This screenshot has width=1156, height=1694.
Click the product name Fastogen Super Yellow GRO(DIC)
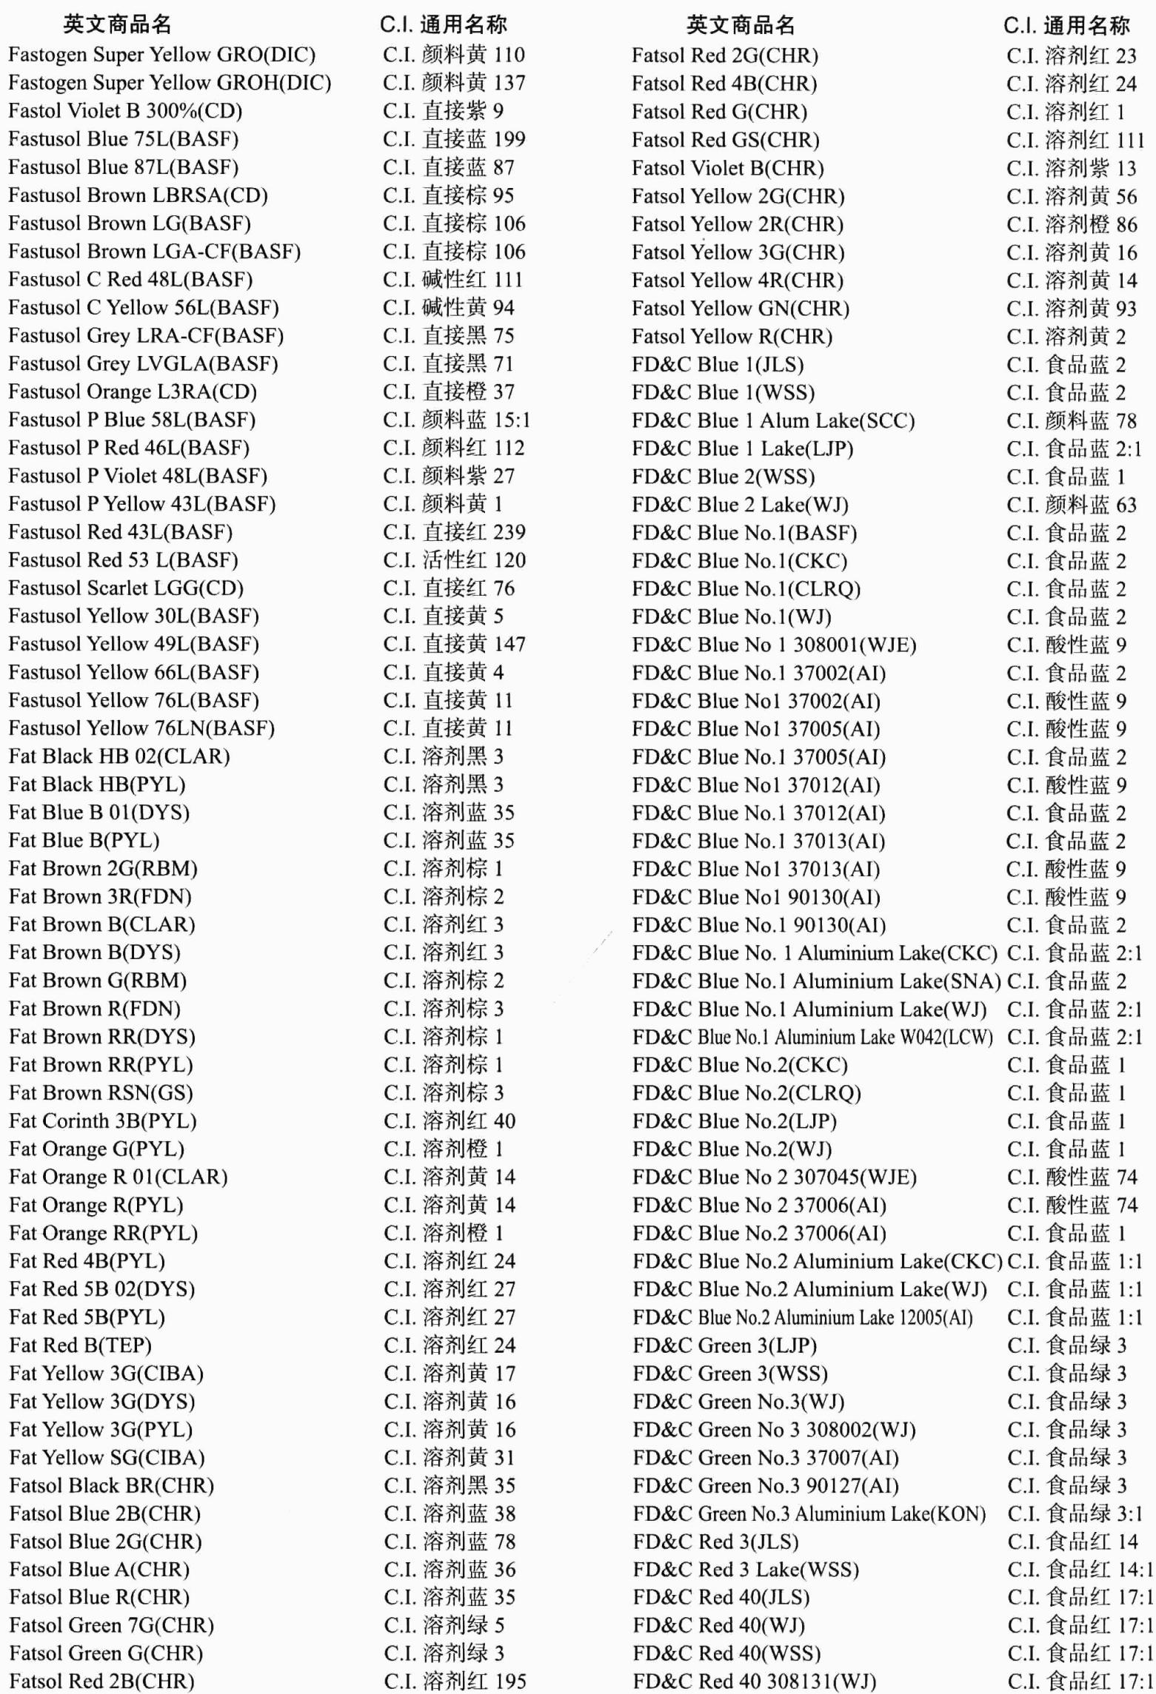pos(161,55)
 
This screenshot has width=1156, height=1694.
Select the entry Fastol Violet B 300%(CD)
pos(125,111)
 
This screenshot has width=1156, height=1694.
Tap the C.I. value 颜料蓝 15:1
pos(456,420)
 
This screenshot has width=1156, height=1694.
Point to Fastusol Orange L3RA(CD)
pos(133,392)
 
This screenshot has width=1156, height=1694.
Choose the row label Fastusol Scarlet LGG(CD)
pos(126,588)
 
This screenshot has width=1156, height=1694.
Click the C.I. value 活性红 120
pos(454,560)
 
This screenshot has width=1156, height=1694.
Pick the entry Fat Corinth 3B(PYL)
pos(103,1121)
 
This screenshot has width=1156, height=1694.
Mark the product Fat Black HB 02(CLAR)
pos(119,756)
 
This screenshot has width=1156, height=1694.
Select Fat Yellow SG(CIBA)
pos(107,1458)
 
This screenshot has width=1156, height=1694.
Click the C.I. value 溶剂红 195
pos(455,1681)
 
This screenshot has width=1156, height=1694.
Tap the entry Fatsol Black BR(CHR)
pos(111,1486)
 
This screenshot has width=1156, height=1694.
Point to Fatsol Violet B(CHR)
pos(727,169)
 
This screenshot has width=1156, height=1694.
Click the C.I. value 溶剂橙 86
pos(1072,224)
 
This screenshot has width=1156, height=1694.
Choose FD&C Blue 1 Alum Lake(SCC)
pos(773,421)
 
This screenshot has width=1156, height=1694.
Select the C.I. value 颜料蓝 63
pos(1072,505)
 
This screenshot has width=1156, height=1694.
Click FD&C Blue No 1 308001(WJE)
pos(774,645)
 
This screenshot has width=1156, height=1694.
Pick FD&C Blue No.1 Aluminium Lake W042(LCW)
pos(812,1038)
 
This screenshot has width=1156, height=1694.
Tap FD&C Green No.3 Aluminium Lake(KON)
pos(809,1514)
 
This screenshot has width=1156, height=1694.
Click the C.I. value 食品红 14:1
pos(1080,1570)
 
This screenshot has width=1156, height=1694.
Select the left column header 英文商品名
pos(117,25)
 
